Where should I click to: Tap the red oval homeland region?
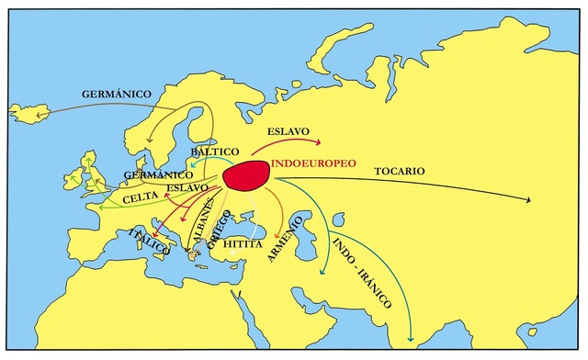pyautogui.click(x=246, y=175)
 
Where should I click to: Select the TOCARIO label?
pyautogui.click(x=399, y=171)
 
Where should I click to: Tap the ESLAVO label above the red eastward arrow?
pyautogui.click(x=288, y=131)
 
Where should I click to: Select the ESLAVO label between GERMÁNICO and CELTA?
pyautogui.click(x=187, y=187)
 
